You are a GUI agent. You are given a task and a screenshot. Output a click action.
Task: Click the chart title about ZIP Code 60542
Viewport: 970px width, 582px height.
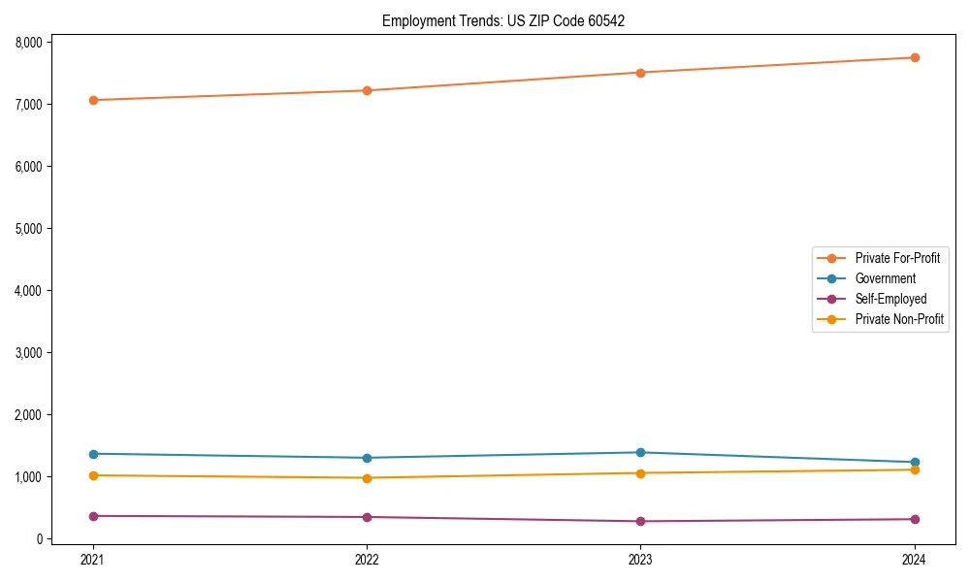497,20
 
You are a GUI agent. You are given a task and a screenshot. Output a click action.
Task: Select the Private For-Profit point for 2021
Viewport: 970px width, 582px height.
93,100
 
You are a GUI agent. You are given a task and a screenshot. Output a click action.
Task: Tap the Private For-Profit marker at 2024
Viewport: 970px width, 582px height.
915,57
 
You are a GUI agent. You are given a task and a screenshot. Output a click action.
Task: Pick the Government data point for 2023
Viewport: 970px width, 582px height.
640,452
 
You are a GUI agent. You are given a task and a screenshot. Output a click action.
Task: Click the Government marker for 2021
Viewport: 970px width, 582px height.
93,454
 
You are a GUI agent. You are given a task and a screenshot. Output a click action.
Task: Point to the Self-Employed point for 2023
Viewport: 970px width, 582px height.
640,521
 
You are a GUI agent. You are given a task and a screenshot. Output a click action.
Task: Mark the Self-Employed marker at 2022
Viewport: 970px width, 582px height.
367,517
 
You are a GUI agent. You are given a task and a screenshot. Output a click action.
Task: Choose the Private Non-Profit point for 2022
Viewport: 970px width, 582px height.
367,477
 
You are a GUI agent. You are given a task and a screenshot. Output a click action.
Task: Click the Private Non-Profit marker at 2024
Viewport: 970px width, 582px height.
915,469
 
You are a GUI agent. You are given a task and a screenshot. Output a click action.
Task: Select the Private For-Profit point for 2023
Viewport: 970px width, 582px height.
640,73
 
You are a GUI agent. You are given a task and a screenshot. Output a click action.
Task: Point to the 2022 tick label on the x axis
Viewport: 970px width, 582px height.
367,559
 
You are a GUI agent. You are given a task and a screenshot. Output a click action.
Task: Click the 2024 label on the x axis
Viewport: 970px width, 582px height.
915,559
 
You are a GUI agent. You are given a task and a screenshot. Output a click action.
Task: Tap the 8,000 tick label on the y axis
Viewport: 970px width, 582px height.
30,43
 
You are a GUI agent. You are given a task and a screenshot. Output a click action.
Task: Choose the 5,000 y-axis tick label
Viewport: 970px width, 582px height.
30,229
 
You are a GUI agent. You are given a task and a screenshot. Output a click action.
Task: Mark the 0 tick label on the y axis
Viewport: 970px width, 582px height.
42,539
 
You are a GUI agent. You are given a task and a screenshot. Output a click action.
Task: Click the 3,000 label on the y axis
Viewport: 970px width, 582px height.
30,353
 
